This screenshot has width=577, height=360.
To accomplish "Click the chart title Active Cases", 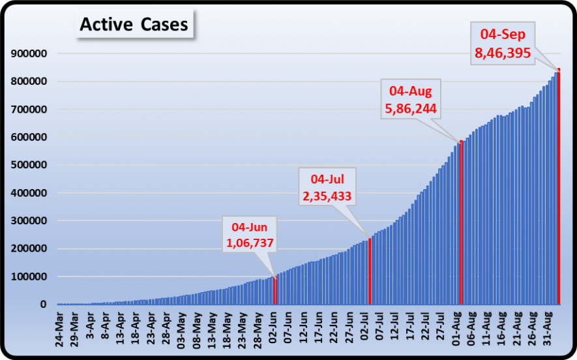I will [134, 25].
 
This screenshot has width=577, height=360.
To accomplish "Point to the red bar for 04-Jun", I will [274, 290].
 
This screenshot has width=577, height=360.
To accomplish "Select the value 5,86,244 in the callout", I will [410, 108].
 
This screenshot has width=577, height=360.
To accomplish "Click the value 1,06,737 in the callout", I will [250, 243].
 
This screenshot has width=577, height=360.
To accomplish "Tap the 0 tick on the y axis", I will [44, 305].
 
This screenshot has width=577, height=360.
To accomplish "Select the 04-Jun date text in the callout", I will [250, 227].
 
